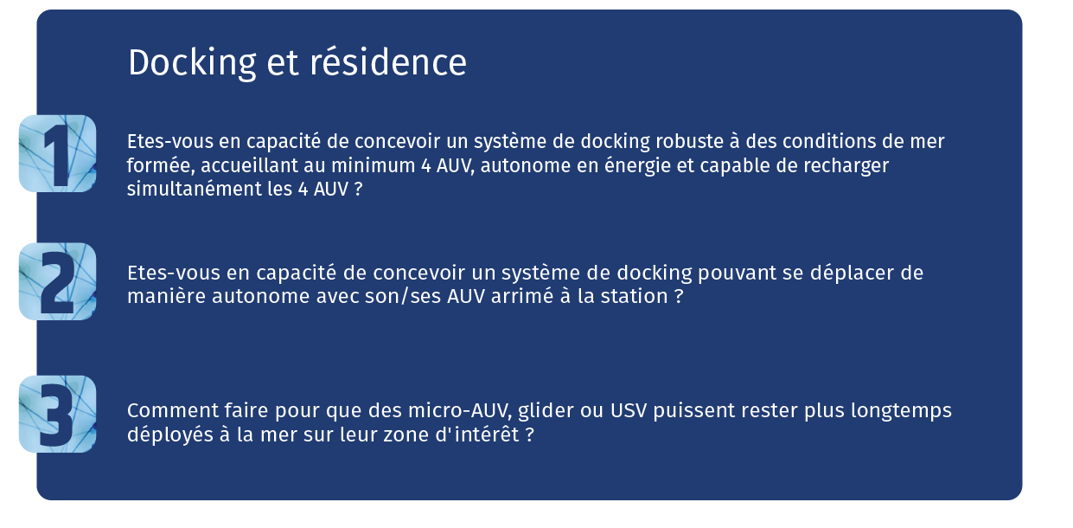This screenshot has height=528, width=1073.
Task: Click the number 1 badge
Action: point(57,153)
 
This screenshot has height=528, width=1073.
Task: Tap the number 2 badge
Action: point(57,281)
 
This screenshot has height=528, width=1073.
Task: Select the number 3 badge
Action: point(57,414)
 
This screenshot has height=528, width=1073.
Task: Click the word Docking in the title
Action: point(192,63)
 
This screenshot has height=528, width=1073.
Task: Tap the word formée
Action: point(161,165)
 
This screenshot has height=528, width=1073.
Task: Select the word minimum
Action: point(373,165)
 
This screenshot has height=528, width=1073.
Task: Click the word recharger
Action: point(846,165)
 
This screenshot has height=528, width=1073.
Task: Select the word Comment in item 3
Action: point(173,410)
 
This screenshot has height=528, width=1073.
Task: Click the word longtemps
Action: point(901,411)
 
